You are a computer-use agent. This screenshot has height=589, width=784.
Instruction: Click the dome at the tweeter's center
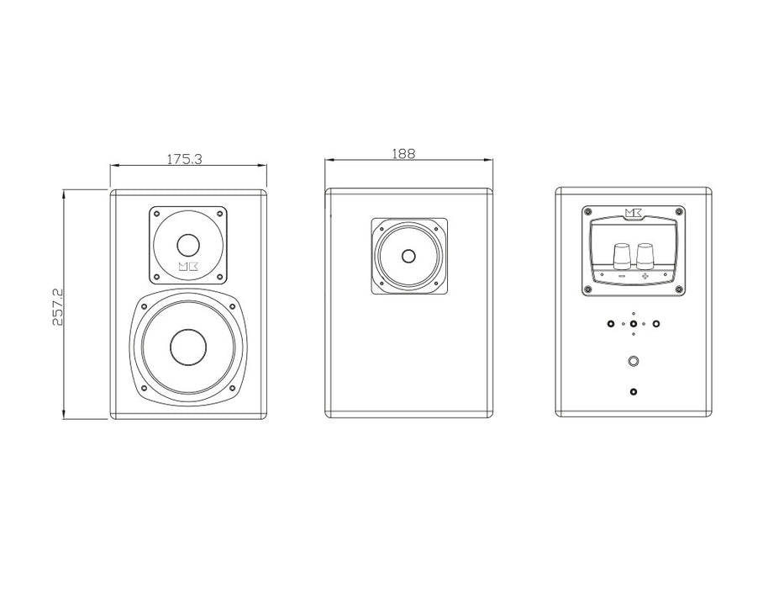pos(188,246)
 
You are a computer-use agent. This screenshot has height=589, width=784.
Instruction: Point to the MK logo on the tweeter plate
pos(189,268)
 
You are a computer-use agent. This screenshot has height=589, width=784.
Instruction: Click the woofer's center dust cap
pos(188,346)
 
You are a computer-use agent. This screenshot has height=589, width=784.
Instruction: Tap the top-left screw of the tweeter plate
pos(155,214)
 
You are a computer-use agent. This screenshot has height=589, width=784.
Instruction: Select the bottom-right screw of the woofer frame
pos(233,389)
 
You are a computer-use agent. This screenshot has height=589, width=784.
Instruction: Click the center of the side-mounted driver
pos(409,257)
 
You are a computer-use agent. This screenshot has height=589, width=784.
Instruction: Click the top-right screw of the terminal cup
pos(680,210)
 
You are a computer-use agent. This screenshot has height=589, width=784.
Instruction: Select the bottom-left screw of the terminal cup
pos(587,290)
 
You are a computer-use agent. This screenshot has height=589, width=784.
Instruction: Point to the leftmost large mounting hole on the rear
pos(609,323)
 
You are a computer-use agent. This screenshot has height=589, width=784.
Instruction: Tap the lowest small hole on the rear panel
pos(633,391)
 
